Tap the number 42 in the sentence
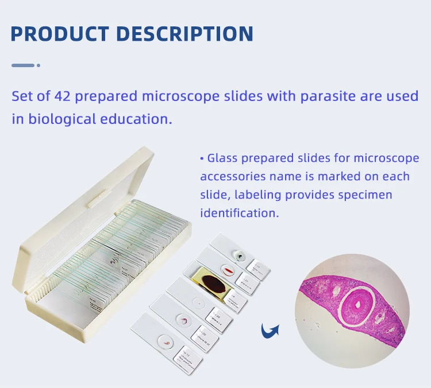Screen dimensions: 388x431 click(x=63, y=96)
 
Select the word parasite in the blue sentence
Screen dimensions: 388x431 click(x=328, y=96)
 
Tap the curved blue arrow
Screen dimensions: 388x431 click(x=270, y=330)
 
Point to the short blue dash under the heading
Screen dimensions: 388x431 click(x=23, y=65)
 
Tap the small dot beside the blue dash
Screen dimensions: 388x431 click(x=39, y=65)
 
